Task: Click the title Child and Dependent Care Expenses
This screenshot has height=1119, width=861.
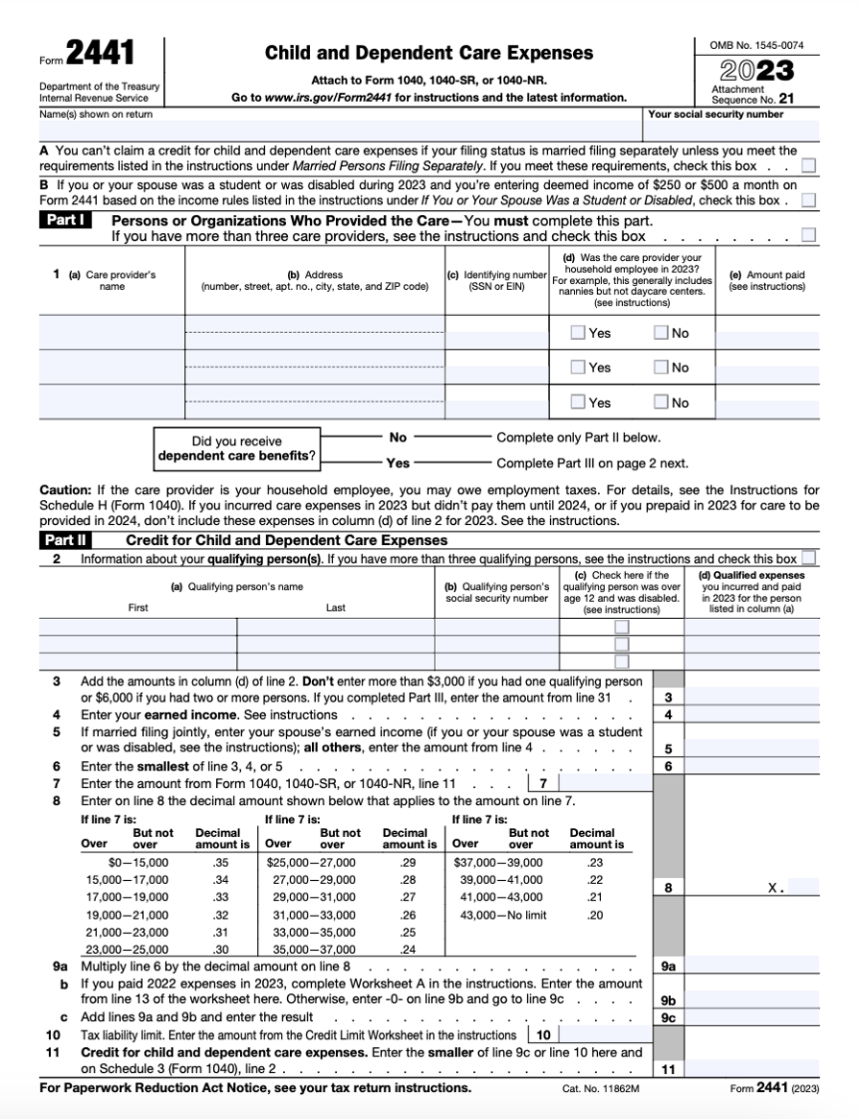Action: click(x=429, y=53)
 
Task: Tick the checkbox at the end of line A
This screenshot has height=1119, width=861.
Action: click(x=808, y=166)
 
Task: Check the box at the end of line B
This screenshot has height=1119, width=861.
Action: click(x=808, y=201)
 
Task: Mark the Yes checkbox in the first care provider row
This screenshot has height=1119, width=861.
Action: click(x=578, y=333)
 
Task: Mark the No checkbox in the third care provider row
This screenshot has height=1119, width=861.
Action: click(x=661, y=402)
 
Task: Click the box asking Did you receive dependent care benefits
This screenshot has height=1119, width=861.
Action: click(x=237, y=448)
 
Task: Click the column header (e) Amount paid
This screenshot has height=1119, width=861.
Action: click(x=767, y=280)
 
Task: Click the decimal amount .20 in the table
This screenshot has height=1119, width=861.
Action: click(x=595, y=915)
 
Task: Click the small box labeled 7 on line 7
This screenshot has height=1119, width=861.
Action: click(x=542, y=784)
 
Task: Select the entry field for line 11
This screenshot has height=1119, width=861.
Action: click(x=752, y=1068)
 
